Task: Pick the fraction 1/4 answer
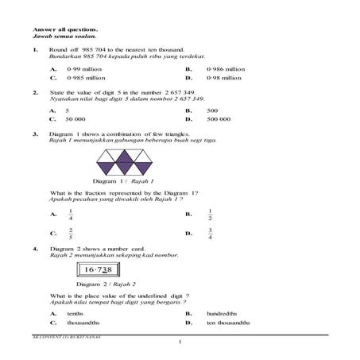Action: tap(71, 214)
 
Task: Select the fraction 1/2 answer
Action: tap(209, 214)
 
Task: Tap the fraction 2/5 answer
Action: tap(71, 234)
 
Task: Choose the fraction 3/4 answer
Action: tap(209, 234)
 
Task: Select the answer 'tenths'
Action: tap(75, 314)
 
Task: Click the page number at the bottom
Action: tap(180, 341)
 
